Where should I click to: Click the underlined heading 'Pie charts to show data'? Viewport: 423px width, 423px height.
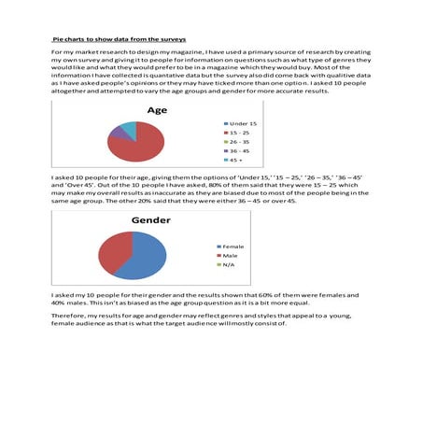(118, 41)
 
